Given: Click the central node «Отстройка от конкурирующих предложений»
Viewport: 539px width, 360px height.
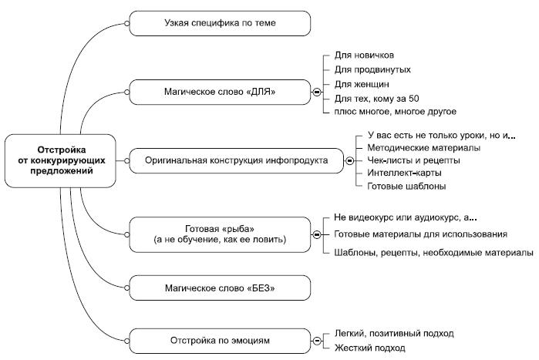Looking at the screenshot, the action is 60,161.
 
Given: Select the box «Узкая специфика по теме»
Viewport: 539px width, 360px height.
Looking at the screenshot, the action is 220,23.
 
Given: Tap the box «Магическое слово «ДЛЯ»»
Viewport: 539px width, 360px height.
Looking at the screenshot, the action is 220,92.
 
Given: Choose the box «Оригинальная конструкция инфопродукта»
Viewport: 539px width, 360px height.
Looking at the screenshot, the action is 237,161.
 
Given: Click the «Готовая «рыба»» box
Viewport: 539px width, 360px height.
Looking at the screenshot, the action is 220,234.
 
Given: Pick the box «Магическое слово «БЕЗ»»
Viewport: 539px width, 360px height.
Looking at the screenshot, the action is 220,288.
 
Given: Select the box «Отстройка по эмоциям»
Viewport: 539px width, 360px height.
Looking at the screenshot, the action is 220,341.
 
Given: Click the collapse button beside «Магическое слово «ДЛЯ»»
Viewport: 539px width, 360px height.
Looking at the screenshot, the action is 317,92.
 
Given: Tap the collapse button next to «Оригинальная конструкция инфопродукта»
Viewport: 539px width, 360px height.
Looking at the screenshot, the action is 350,161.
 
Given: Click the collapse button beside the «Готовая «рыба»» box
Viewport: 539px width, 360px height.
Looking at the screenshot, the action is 317,234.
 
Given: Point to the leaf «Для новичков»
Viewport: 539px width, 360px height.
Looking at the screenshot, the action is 365,56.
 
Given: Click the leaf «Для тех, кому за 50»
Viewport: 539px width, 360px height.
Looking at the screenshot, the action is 377,99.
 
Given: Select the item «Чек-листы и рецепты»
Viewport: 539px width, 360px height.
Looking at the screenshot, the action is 413,160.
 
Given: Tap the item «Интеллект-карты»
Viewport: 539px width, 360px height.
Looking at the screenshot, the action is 405,173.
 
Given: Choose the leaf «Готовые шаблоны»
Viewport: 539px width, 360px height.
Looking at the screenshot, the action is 406,187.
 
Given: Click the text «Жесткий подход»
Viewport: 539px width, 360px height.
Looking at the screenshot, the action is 370,348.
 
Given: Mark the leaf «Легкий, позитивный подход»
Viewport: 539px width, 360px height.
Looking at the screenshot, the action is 394,333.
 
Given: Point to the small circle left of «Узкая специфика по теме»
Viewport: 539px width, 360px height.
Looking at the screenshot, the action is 126,23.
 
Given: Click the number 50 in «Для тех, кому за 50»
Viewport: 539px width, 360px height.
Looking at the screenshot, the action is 414,99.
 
